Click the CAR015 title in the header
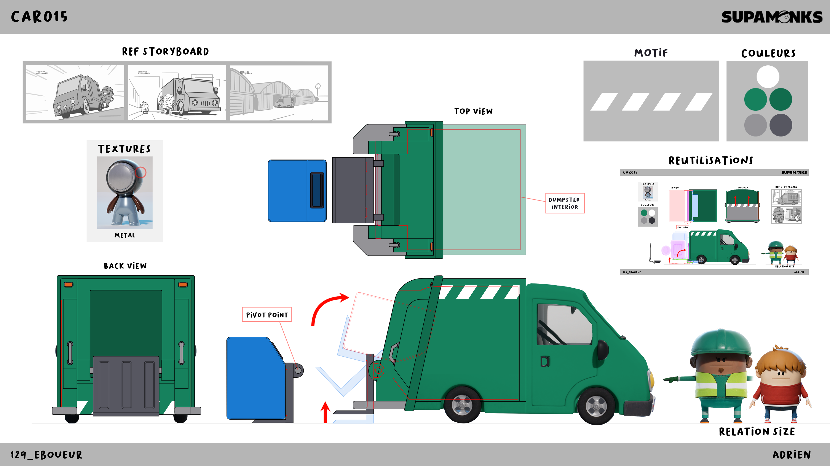[39, 17]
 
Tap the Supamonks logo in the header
[772, 17]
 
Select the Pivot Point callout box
[267, 315]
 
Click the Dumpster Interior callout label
[565, 203]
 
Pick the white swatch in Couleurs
[768, 77]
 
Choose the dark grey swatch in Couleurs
[781, 125]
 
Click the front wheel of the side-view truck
[596, 406]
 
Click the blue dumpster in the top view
[297, 191]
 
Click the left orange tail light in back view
[69, 284]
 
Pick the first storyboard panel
[75, 92]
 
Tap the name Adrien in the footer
[791, 455]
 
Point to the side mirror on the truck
[603, 349]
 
